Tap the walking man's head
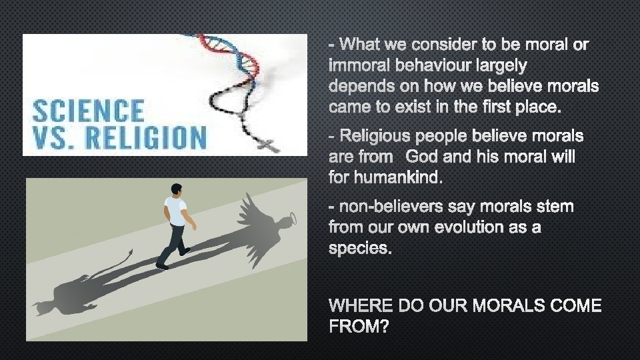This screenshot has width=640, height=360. (175, 191)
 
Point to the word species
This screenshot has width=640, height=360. (361, 249)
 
